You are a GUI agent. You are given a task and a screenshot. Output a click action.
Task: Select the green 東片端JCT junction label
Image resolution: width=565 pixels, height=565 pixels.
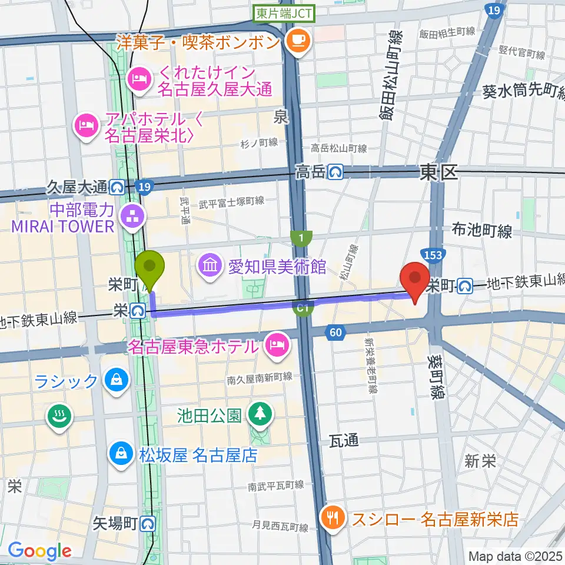click(x=284, y=13)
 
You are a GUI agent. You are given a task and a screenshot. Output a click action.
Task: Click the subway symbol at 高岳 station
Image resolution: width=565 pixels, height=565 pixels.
click(x=336, y=172)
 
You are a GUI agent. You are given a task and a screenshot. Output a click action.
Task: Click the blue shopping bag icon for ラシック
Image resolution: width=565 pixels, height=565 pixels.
click(x=116, y=379)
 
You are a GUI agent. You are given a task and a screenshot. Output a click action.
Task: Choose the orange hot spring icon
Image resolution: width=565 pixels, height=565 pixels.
click(x=59, y=418)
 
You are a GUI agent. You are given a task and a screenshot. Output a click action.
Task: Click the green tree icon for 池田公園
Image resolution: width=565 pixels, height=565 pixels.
click(x=259, y=414)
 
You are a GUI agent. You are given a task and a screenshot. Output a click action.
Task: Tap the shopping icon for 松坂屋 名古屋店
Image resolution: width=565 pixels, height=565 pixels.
click(x=120, y=453)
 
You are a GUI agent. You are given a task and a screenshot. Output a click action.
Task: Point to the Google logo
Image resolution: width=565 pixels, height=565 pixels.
click(x=39, y=551)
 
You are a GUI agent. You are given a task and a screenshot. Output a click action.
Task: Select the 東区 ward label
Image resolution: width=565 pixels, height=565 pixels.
click(x=438, y=172)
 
